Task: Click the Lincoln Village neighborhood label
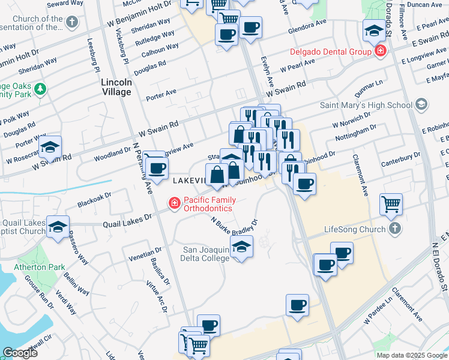pos(116,86)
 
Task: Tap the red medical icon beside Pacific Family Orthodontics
pos(175,204)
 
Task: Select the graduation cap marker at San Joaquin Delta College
pos(241,247)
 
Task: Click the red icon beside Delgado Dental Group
pos(380,52)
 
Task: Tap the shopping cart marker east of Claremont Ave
pos(391,204)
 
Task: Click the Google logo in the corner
pos(20,353)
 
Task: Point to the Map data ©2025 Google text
pos(411,355)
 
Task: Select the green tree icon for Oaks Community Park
pos(40,89)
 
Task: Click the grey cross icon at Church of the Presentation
pos(72,23)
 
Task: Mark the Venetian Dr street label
pos(146,254)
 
